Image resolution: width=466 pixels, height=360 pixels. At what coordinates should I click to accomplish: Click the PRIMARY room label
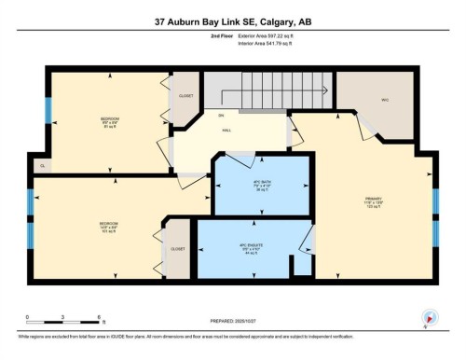(x=374, y=201)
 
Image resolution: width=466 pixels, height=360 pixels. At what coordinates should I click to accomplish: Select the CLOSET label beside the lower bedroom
(x=177, y=249)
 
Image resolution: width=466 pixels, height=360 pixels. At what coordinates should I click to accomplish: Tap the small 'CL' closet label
(x=42, y=165)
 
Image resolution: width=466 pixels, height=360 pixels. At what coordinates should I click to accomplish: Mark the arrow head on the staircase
(x=324, y=91)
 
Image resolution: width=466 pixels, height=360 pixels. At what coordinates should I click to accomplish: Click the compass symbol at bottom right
(x=429, y=316)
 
